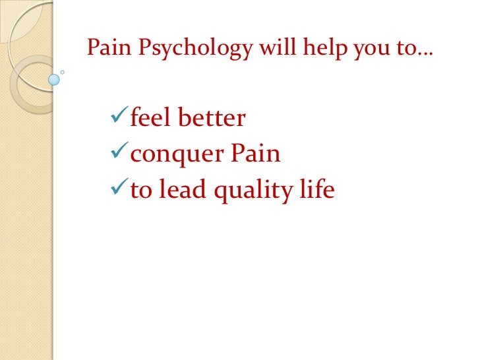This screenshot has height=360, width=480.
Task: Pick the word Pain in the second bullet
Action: point(255,154)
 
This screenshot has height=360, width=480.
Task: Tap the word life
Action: point(317,190)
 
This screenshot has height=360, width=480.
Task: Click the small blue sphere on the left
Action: point(54,80)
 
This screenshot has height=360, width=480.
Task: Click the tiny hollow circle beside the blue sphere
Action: point(63,72)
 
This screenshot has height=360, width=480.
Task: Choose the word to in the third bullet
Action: point(140,191)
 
